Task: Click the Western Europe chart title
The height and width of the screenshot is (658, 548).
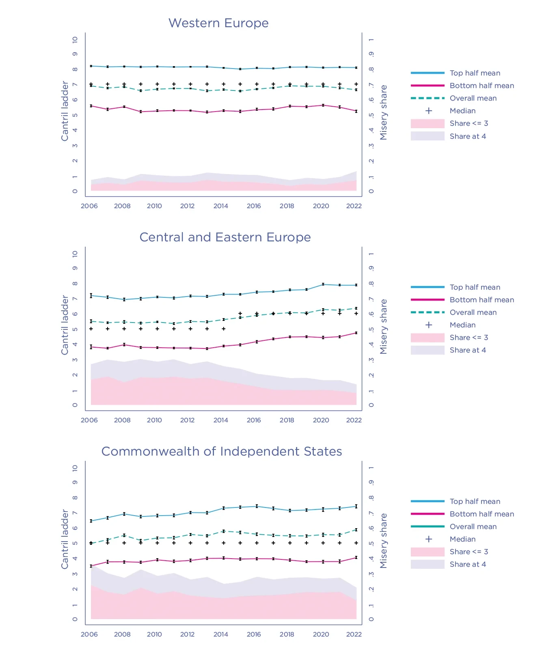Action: tap(218, 23)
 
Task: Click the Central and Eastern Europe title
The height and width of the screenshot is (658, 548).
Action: tap(225, 237)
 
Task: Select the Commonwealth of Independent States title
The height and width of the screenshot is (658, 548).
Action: tap(222, 452)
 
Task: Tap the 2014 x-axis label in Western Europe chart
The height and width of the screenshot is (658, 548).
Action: tap(221, 206)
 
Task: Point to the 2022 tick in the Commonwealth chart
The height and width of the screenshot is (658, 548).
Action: tap(354, 634)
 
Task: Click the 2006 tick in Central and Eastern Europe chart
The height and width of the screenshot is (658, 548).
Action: tap(89, 420)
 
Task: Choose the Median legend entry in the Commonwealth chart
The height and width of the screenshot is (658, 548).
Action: tap(462, 539)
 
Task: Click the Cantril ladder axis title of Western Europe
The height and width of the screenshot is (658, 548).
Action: tap(65, 111)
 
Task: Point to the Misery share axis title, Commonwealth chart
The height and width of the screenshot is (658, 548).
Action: tap(384, 541)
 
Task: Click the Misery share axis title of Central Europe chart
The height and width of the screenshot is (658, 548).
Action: tap(384, 327)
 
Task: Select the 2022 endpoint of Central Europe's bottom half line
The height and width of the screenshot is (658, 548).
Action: tap(356, 333)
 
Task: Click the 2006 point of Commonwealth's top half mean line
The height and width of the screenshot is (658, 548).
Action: tap(91, 521)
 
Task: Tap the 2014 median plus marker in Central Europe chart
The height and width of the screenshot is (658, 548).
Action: tap(224, 329)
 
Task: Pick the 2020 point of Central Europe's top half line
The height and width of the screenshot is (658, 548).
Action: tap(323, 284)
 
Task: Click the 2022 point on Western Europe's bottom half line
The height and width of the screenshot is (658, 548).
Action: tap(356, 111)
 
